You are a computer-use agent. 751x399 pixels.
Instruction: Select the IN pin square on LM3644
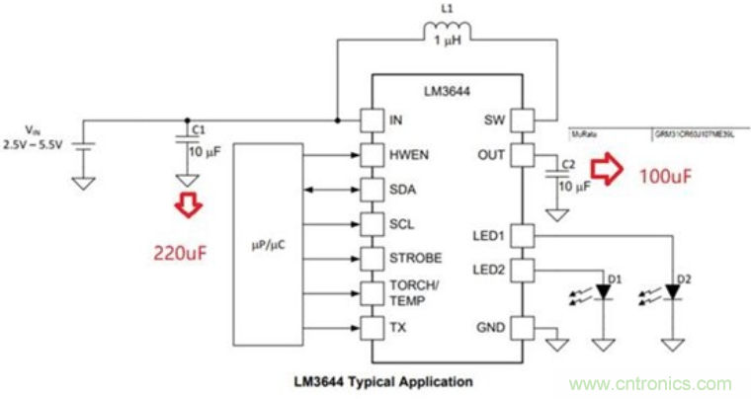pyautogui.click(x=372, y=120)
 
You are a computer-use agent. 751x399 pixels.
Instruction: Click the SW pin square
pyautogui.click(x=522, y=120)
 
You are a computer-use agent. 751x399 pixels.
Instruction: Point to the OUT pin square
pyautogui.click(x=522, y=155)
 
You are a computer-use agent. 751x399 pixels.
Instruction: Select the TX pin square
pyautogui.click(x=372, y=327)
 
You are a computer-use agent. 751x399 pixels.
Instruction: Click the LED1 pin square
pyautogui.click(x=522, y=235)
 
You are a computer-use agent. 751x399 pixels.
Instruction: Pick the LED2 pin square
pyautogui.click(x=522, y=269)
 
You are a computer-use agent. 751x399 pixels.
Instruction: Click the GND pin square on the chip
pyautogui.click(x=522, y=327)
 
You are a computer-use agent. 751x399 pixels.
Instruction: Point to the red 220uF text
pyautogui.click(x=179, y=253)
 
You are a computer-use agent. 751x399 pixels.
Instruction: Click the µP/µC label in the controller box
pyautogui.click(x=271, y=239)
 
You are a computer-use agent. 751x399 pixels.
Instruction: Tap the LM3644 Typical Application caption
pyautogui.click(x=384, y=380)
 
